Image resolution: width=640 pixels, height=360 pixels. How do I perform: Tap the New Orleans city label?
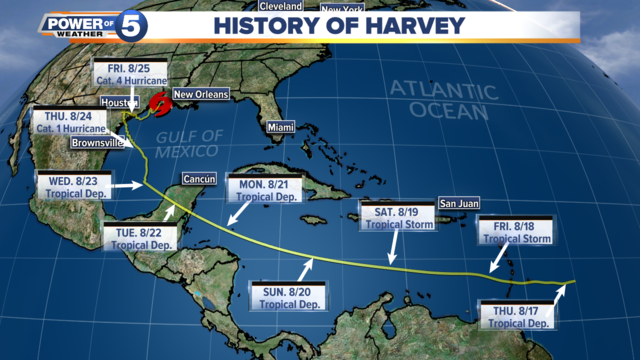(201, 94)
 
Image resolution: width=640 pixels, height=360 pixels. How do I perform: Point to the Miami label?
(279, 128)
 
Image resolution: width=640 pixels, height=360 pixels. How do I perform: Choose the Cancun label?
(195, 180)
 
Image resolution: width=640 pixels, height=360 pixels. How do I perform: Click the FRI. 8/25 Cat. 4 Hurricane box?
(124, 74)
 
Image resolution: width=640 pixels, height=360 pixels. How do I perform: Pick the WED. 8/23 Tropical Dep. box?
(67, 187)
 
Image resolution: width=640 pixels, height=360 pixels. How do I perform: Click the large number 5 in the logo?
(130, 27)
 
